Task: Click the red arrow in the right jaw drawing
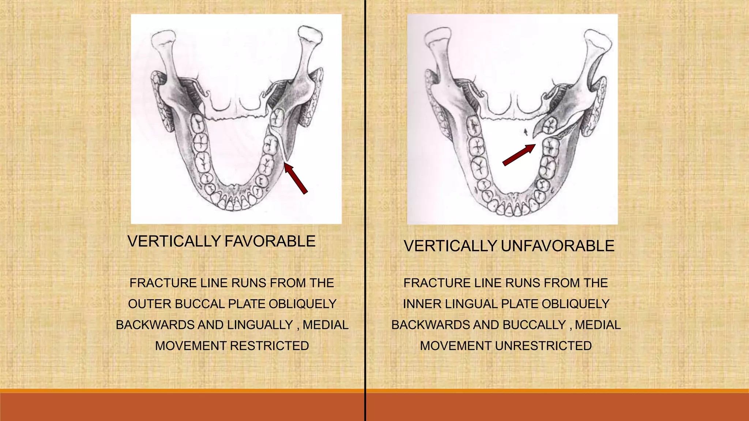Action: pos(519,155)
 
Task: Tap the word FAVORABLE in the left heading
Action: pos(270,242)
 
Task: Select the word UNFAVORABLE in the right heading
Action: pos(557,246)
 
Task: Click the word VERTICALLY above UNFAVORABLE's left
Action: pos(450,246)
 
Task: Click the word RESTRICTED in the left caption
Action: pos(270,346)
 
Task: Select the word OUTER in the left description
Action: pos(150,304)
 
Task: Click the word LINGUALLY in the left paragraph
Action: pos(260,325)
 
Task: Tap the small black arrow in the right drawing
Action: pos(526,132)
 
